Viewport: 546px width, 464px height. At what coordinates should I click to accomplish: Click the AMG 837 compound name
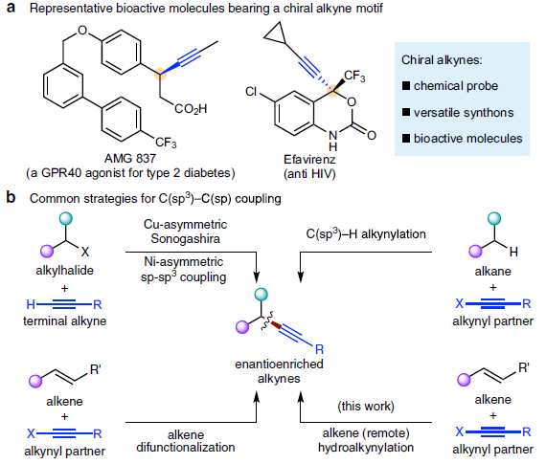[x=130, y=159]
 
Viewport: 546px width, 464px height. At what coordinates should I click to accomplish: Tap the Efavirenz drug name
[x=309, y=160]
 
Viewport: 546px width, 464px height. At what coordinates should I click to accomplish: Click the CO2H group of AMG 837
[x=191, y=109]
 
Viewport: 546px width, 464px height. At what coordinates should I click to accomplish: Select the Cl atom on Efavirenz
[x=251, y=92]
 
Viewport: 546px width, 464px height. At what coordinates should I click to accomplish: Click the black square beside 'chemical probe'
[x=406, y=85]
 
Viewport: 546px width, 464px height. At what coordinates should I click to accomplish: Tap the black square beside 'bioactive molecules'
[x=406, y=139]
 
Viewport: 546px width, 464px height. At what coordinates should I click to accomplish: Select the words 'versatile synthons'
[x=464, y=112]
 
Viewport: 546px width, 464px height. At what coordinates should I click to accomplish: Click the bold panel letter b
[x=11, y=197]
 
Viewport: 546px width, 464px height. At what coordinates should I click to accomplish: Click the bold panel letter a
[x=11, y=8]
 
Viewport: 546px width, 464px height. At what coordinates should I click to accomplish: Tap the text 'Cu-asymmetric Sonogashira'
[x=185, y=232]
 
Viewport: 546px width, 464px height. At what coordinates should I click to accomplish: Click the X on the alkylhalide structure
[x=85, y=252]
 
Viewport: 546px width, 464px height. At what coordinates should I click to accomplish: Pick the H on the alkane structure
[x=513, y=252]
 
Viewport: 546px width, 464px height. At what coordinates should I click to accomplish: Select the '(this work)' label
[x=366, y=406]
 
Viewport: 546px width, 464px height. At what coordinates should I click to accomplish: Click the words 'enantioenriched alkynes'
[x=279, y=371]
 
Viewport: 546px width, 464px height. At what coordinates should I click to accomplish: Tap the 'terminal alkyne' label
[x=65, y=320]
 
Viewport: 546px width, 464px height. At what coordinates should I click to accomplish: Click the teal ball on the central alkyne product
[x=262, y=295]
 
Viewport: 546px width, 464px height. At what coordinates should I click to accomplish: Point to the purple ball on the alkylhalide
[x=47, y=251]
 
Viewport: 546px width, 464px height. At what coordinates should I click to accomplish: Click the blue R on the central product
[x=319, y=349]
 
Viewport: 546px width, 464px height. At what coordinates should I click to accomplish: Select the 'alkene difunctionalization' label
[x=186, y=441]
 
